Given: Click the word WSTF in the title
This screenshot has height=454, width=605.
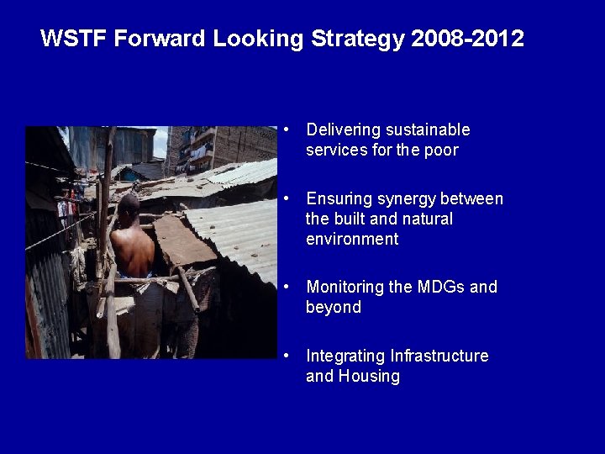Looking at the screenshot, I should (74, 39).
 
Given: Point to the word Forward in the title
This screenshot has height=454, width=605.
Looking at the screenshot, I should (160, 39).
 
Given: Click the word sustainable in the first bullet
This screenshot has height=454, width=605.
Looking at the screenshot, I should (428, 130).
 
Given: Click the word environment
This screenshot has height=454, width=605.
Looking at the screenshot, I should (352, 240).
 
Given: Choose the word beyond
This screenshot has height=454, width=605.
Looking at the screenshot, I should (334, 308).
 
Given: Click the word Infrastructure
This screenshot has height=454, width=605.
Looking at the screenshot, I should (439, 356).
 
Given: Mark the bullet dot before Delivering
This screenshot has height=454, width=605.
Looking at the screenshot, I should (287, 130).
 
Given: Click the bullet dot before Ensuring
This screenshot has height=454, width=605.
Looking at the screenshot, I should (287, 199).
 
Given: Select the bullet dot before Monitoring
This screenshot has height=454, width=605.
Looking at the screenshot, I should (287, 288).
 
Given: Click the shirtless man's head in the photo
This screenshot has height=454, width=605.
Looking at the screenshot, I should (129, 206).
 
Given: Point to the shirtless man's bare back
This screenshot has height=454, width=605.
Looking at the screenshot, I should (134, 251).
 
